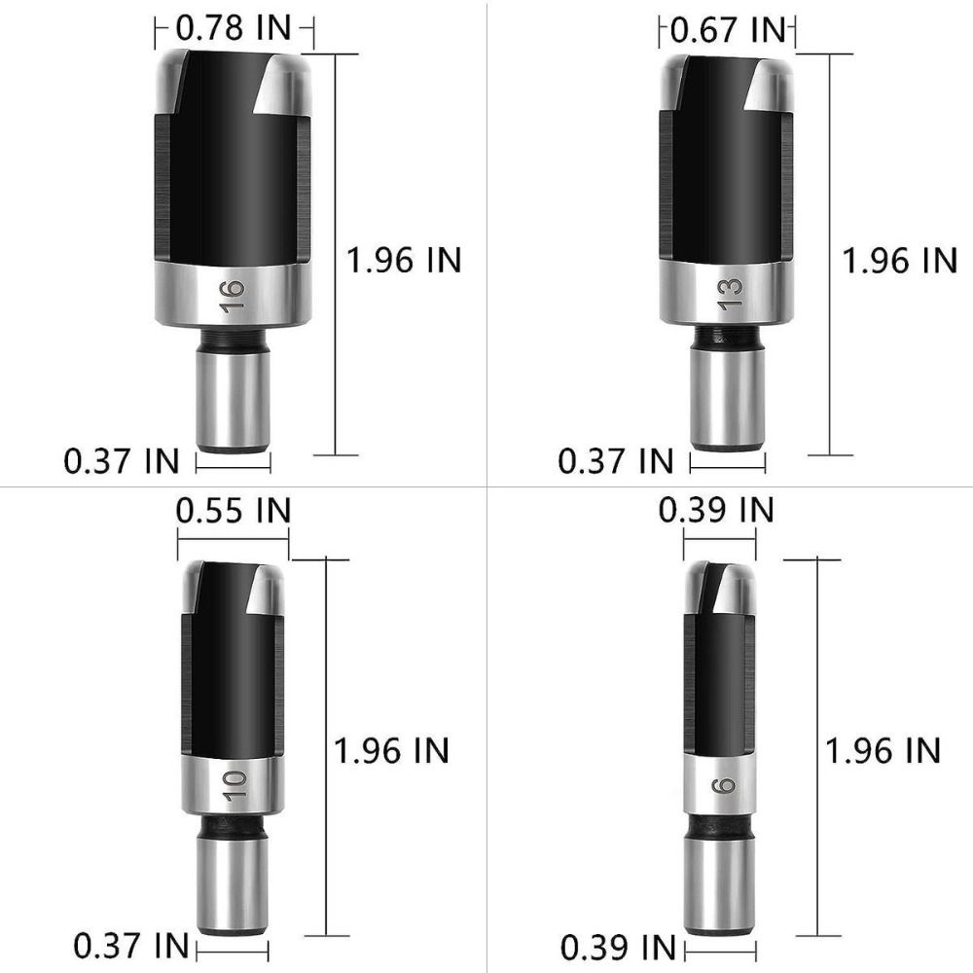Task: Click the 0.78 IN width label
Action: pyautogui.click(x=234, y=29)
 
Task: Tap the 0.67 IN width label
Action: pyautogui.click(x=727, y=29)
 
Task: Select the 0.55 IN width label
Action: pyautogui.click(x=234, y=509)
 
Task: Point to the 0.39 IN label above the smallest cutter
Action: pyautogui.click(x=716, y=509)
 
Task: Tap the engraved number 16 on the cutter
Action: pyautogui.click(x=232, y=296)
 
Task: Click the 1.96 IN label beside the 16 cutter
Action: pyautogui.click(x=404, y=260)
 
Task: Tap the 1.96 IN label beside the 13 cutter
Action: pyautogui.click(x=899, y=260)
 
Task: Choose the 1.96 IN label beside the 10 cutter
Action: pyautogui.click(x=391, y=749)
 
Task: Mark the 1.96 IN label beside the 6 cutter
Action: pyautogui.click(x=883, y=749)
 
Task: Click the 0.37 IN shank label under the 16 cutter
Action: pyautogui.click(x=122, y=459)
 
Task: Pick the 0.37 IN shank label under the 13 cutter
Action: pyautogui.click(x=616, y=459)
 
